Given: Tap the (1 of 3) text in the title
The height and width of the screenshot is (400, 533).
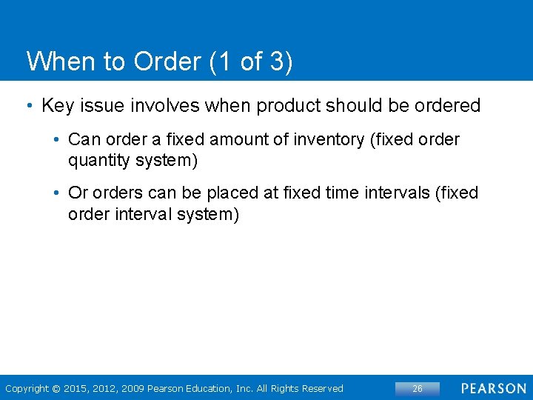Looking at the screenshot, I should coord(252,62).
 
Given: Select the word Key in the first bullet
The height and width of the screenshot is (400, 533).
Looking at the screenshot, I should coord(57,106).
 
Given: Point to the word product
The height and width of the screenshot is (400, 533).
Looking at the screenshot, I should coord(289,106).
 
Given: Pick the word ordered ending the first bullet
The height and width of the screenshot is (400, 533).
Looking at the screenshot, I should coord(447,106).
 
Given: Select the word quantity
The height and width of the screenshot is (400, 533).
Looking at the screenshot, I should coord(96,159).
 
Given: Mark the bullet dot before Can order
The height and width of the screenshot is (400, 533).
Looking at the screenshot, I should coord(56,139).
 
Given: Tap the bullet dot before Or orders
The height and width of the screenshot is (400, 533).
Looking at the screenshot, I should coord(56,193).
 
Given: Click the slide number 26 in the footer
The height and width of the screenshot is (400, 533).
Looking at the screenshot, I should coord(417,389).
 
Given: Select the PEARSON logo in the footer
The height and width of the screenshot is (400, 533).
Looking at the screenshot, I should coord(495,389).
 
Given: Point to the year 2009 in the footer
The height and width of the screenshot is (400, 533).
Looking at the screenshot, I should coord(134,389).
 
